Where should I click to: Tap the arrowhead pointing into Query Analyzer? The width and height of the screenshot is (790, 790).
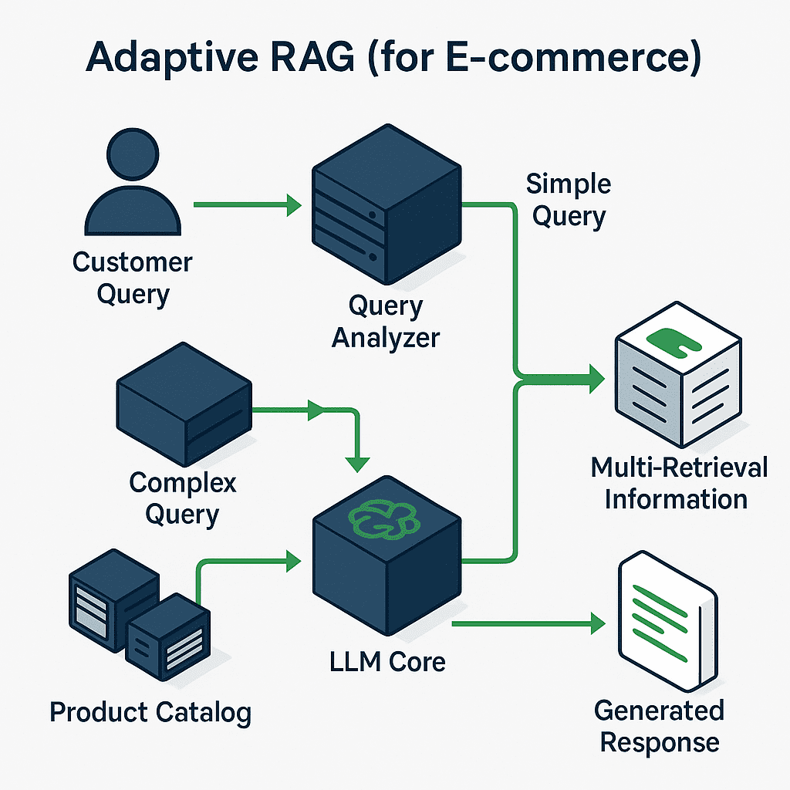point(292,205)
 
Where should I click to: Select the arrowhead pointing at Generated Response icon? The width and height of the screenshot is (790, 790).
point(597,623)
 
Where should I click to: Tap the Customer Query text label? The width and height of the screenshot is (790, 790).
point(132,277)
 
